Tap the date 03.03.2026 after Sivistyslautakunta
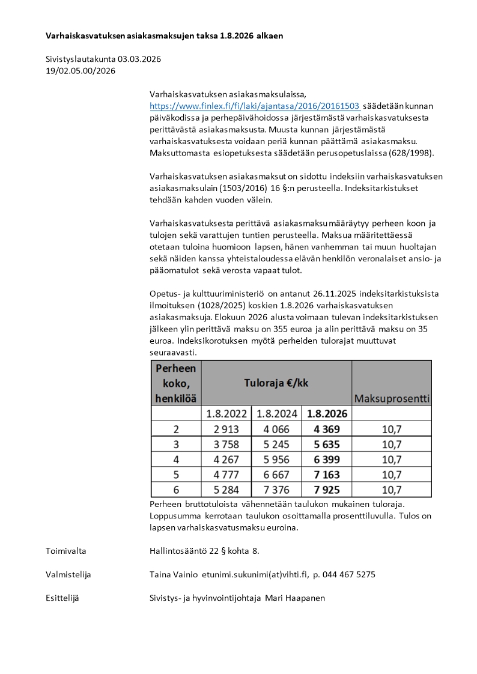(139, 59)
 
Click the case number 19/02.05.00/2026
(81, 71)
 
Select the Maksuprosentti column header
(392, 398)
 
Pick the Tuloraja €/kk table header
(276, 383)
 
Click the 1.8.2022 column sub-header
(227, 414)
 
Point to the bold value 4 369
(327, 429)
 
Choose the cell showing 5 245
(277, 445)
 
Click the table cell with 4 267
(227, 460)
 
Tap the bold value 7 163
(327, 475)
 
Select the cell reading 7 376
(277, 490)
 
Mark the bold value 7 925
(327, 490)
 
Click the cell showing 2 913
(227, 429)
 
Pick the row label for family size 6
(177, 490)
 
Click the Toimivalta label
(65, 550)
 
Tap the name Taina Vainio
(174, 574)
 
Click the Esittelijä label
(62, 598)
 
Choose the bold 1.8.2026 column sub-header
(327, 414)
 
